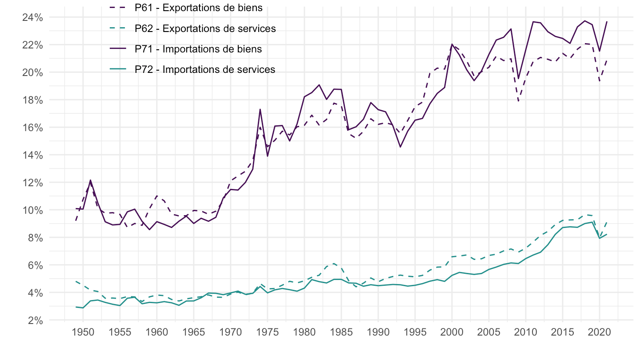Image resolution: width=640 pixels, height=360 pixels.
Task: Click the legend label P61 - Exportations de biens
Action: click(x=198, y=8)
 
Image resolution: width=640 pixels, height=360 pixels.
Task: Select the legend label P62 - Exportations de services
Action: click(x=205, y=28)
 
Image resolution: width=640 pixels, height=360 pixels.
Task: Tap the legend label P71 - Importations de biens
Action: click(x=198, y=49)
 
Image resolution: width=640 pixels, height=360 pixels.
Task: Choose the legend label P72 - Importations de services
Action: click(x=205, y=69)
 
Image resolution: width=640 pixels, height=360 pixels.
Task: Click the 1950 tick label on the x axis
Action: click(x=83, y=333)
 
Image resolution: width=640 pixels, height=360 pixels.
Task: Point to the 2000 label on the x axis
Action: click(x=452, y=333)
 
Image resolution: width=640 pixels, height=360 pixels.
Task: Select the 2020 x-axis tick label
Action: click(x=600, y=333)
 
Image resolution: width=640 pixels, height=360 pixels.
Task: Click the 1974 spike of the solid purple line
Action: click(x=260, y=109)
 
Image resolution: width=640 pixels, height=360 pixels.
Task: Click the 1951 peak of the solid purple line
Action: click(x=90, y=180)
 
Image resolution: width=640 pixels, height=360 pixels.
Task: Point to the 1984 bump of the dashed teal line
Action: click(x=334, y=264)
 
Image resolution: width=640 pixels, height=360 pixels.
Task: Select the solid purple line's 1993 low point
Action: click(x=400, y=147)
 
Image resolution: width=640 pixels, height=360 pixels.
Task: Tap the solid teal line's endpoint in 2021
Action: click(x=607, y=234)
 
